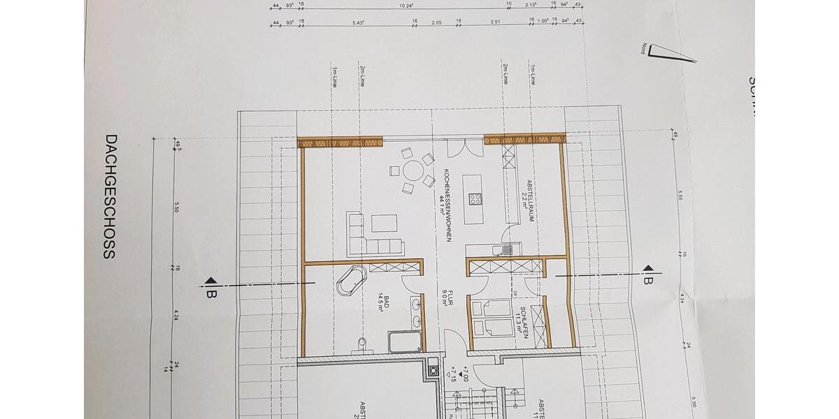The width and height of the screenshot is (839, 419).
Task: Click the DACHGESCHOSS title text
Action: pyautogui.click(x=108, y=197)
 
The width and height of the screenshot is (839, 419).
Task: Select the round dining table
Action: pyautogui.click(x=413, y=170)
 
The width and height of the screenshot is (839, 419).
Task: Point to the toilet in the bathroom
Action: pyautogui.click(x=361, y=342)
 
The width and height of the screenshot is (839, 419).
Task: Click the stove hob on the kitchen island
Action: pyautogui.click(x=475, y=198)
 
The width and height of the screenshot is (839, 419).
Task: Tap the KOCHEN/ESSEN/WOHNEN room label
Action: pyautogui.click(x=444, y=203)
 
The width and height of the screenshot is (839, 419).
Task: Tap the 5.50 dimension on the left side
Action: pyautogui.click(x=178, y=208)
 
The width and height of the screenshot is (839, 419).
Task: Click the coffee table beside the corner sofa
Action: pyautogui.click(x=383, y=223)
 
